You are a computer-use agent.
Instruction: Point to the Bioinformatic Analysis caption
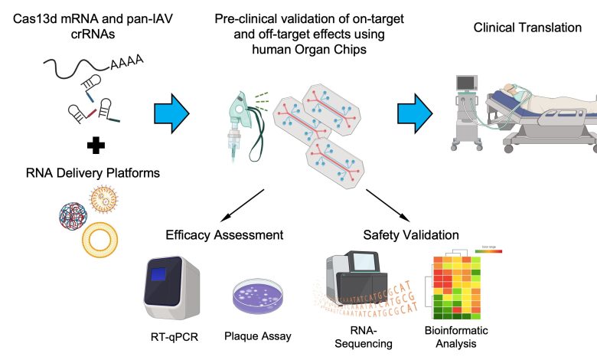(x=455, y=336)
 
